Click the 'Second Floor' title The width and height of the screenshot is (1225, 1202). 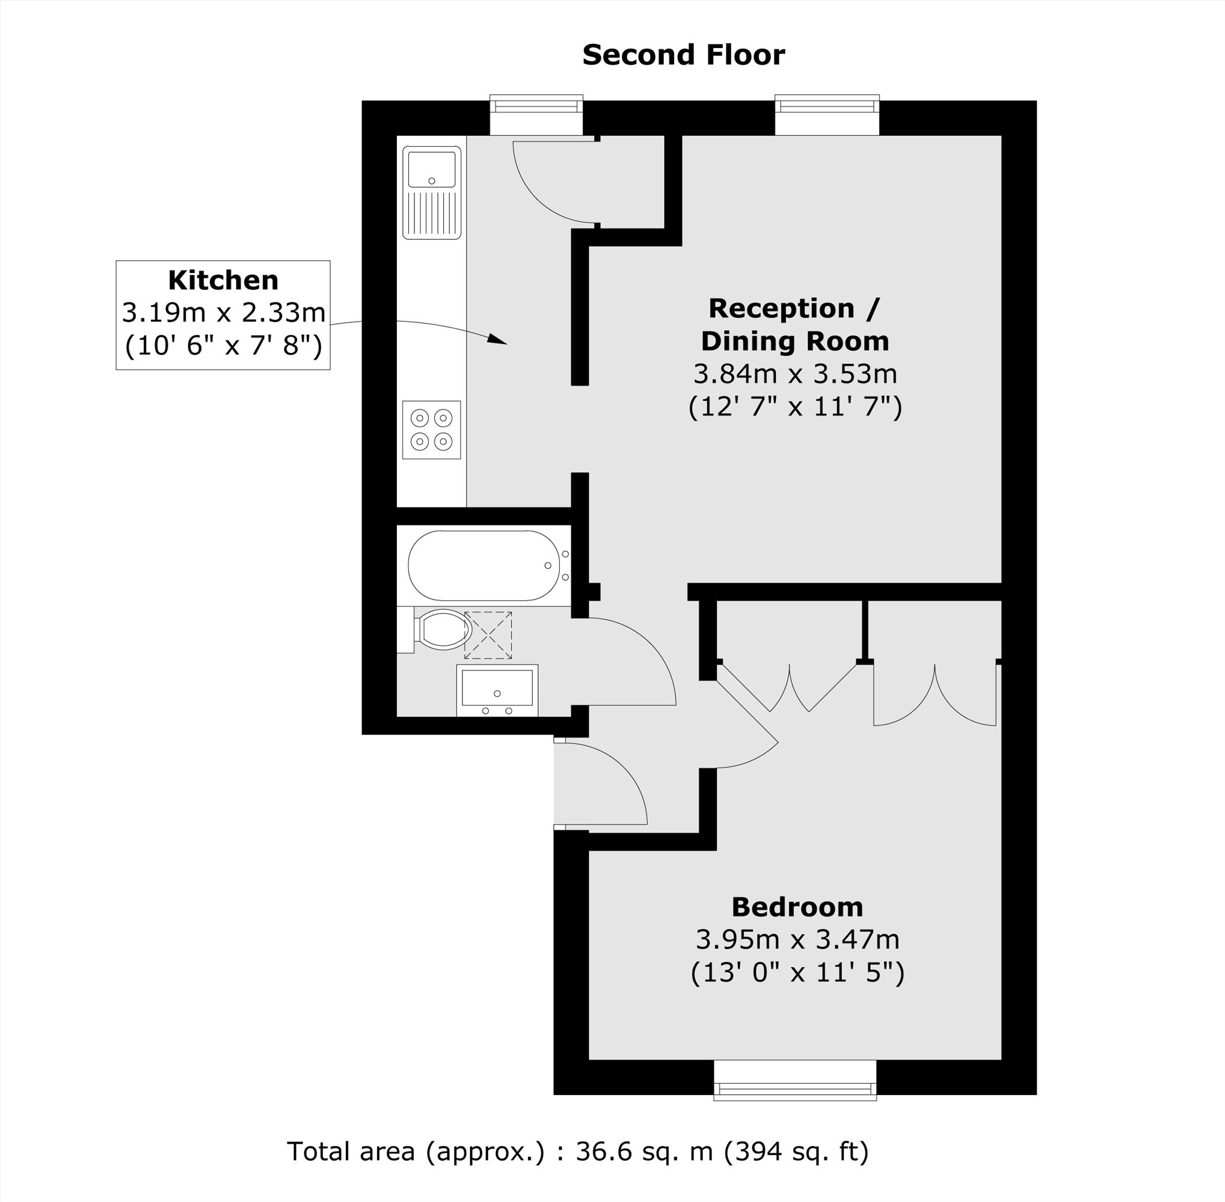683,55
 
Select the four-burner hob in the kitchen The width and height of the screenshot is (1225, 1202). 431,429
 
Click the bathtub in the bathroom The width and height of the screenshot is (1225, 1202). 483,565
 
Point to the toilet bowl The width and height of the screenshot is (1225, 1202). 444,629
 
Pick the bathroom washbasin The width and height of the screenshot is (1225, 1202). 497,688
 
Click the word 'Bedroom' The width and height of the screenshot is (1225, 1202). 797,907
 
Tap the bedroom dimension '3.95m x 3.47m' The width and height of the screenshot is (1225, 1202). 797,940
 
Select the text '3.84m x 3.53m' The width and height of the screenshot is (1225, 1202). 795,375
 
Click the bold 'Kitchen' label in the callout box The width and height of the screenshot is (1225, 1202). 223,280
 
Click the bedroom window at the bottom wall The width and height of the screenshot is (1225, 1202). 795,1088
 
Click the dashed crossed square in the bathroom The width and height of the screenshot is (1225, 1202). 488,635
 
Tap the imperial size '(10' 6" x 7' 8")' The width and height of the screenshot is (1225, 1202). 223,345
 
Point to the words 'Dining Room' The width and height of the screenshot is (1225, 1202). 795,342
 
